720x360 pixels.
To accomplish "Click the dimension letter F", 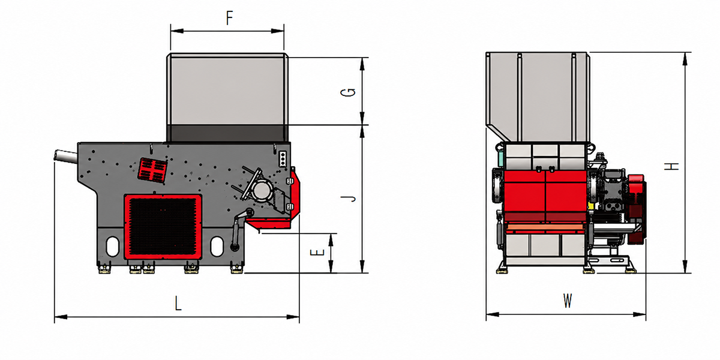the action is [x=229, y=18].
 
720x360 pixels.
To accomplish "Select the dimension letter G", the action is [x=348, y=92].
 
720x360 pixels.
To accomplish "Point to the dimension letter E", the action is [x=317, y=253].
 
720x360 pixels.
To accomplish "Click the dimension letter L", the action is [x=178, y=304].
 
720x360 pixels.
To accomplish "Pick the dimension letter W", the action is [x=568, y=301].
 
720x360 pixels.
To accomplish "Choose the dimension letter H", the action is [x=671, y=167].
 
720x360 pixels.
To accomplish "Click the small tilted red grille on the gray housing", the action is [x=152, y=170].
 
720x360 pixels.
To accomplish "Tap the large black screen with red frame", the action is [x=163, y=226].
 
